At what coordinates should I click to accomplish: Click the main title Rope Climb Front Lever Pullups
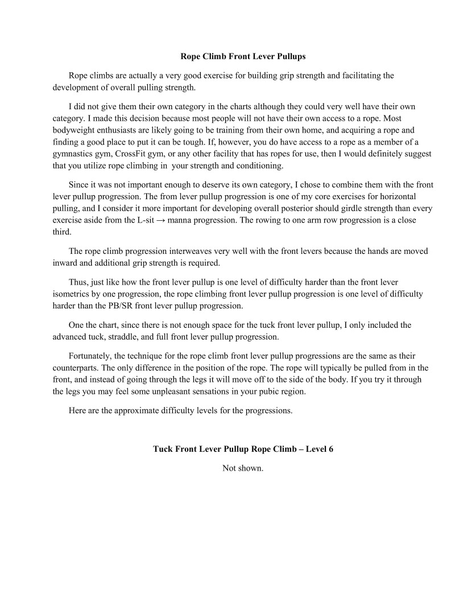pyautogui.click(x=243, y=56)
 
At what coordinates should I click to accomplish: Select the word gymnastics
pyautogui.click(x=71, y=154)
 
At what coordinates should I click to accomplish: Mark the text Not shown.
pyautogui.click(x=243, y=468)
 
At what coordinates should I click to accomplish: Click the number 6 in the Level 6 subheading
pyautogui.click(x=330, y=449)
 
